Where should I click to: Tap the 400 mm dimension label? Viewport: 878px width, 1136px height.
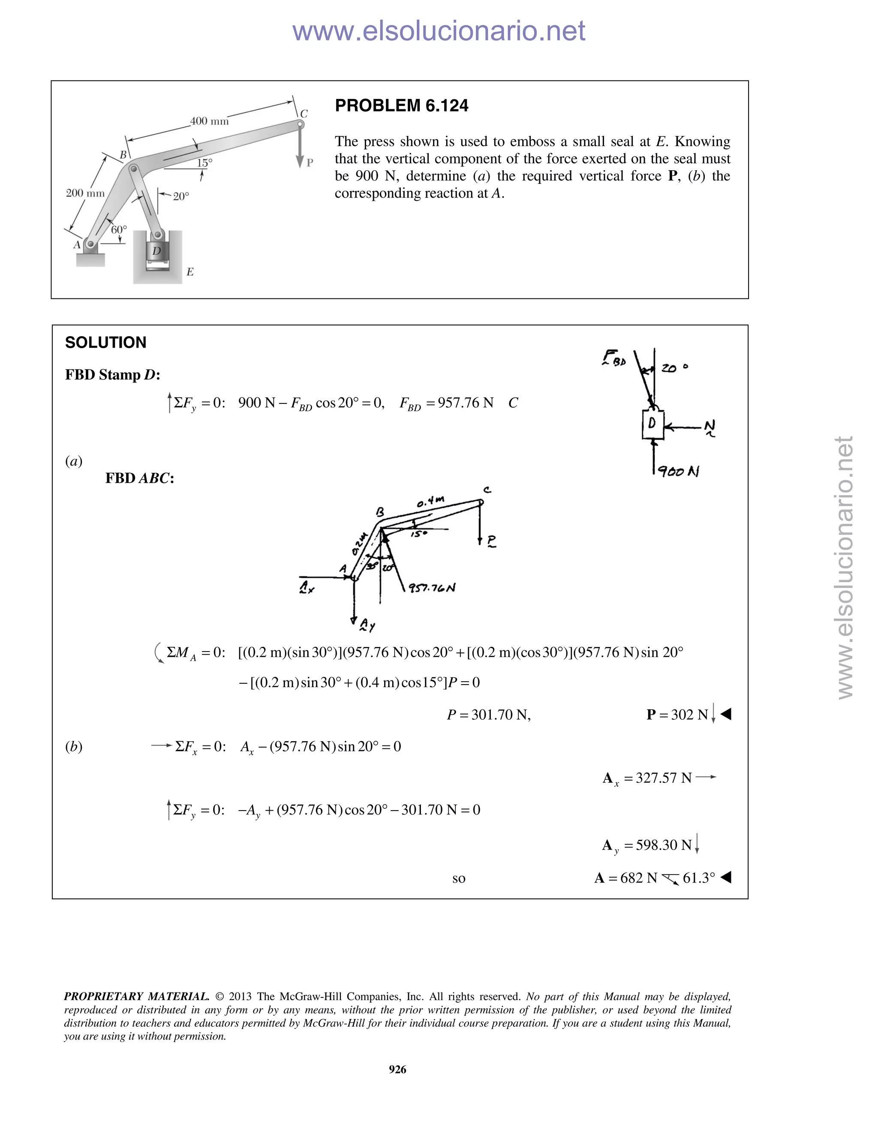(x=209, y=121)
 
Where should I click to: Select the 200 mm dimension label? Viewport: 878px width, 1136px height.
(x=85, y=193)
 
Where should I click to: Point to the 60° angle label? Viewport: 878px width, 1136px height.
(x=119, y=229)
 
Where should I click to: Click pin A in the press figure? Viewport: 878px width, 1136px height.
(x=90, y=243)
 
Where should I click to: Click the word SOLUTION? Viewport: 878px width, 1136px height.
(x=105, y=343)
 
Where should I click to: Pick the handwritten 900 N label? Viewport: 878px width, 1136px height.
(x=678, y=471)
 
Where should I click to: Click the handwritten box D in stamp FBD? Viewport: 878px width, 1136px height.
(x=652, y=424)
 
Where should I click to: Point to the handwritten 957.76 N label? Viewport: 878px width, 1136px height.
(x=431, y=588)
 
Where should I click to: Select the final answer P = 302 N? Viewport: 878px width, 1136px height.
(x=677, y=715)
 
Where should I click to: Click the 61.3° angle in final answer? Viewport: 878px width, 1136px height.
(x=698, y=878)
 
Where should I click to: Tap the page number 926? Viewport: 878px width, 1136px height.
(x=397, y=1070)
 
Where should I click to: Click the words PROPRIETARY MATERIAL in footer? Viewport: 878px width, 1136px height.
(x=136, y=997)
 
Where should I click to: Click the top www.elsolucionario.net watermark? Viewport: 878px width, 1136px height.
(x=439, y=31)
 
